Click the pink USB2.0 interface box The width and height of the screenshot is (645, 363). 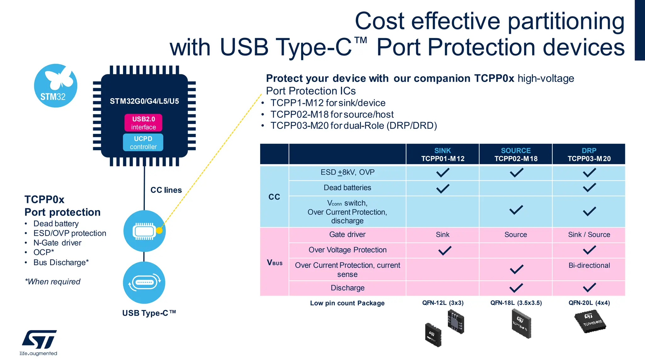pos(143,123)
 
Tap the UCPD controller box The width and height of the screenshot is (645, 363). pos(143,142)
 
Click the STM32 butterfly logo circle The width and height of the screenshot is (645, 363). pos(56,86)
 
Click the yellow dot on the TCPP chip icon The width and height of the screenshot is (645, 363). pos(159,230)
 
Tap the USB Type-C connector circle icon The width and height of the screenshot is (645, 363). pos(144,282)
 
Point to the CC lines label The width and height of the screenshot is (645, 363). pos(166,190)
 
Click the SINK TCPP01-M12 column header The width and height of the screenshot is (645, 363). pos(442,154)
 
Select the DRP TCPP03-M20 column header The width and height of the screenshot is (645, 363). pos(589,154)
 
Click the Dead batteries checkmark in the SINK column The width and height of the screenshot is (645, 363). pos(442,188)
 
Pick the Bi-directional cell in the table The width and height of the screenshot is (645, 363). pos(589,265)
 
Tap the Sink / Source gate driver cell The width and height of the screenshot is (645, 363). pos(589,234)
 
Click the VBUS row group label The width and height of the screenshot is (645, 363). pos(274,262)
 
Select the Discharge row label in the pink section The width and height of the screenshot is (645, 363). pos(347,288)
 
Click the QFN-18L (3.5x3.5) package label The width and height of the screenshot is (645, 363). pos(516,303)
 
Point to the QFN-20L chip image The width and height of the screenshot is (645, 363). pos(590,321)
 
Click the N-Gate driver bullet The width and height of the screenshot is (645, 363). pos(57,243)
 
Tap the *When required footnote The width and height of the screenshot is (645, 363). pos(53,281)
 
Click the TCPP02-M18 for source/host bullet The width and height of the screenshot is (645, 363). pos(332,114)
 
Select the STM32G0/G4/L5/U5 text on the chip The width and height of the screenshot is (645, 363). pos(144,101)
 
